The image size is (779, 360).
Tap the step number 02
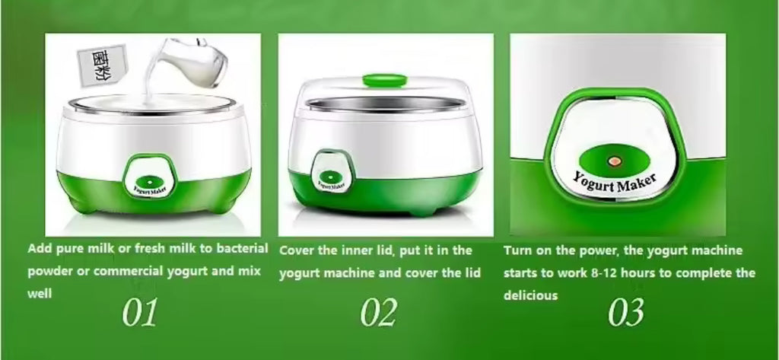tap(379, 313)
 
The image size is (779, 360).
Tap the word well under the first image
tap(40, 294)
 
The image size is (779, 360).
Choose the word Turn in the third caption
tap(518, 250)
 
